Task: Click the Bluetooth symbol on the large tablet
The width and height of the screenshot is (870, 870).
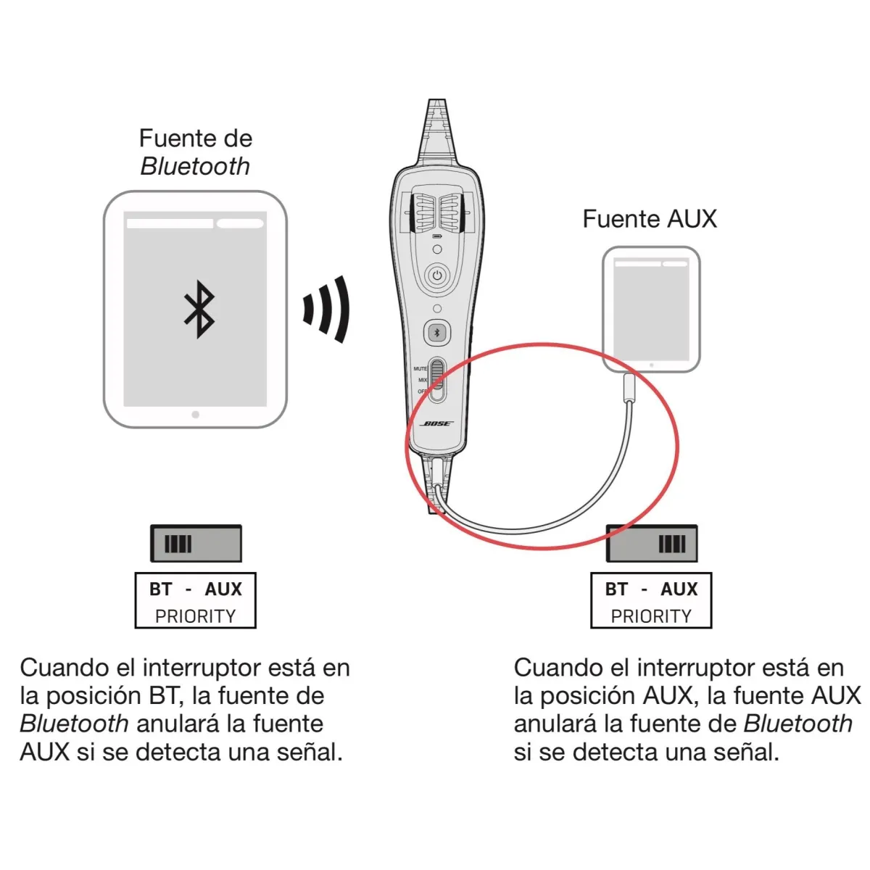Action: pyautogui.click(x=199, y=310)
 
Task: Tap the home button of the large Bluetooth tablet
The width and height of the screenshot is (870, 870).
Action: pyautogui.click(x=196, y=415)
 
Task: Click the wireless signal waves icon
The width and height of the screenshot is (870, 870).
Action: pyautogui.click(x=326, y=309)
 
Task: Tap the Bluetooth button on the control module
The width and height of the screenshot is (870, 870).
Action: pyautogui.click(x=436, y=333)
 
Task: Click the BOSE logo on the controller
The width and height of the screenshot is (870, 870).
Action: pyautogui.click(x=436, y=423)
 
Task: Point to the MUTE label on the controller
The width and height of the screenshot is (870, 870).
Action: pyautogui.click(x=420, y=369)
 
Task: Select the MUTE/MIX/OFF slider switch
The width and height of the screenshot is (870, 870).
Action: pyautogui.click(x=437, y=380)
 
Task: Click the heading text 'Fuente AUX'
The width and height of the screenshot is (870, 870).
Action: pyautogui.click(x=650, y=219)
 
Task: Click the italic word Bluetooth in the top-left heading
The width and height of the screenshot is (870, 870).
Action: pyautogui.click(x=195, y=167)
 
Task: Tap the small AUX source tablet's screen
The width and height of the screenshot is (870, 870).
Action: pyautogui.click(x=652, y=310)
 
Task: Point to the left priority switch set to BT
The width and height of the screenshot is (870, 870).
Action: pyautogui.click(x=196, y=543)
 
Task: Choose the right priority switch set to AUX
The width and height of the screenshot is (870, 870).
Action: pyautogui.click(x=652, y=543)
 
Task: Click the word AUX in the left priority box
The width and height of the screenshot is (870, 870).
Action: pyautogui.click(x=223, y=589)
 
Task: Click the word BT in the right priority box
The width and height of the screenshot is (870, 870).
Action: pyautogui.click(x=616, y=589)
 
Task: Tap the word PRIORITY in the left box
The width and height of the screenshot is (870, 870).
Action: pyautogui.click(x=196, y=616)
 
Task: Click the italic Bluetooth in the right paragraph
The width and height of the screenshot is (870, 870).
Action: pyautogui.click(x=797, y=724)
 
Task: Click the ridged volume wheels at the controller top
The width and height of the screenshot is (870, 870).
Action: pyautogui.click(x=436, y=213)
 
